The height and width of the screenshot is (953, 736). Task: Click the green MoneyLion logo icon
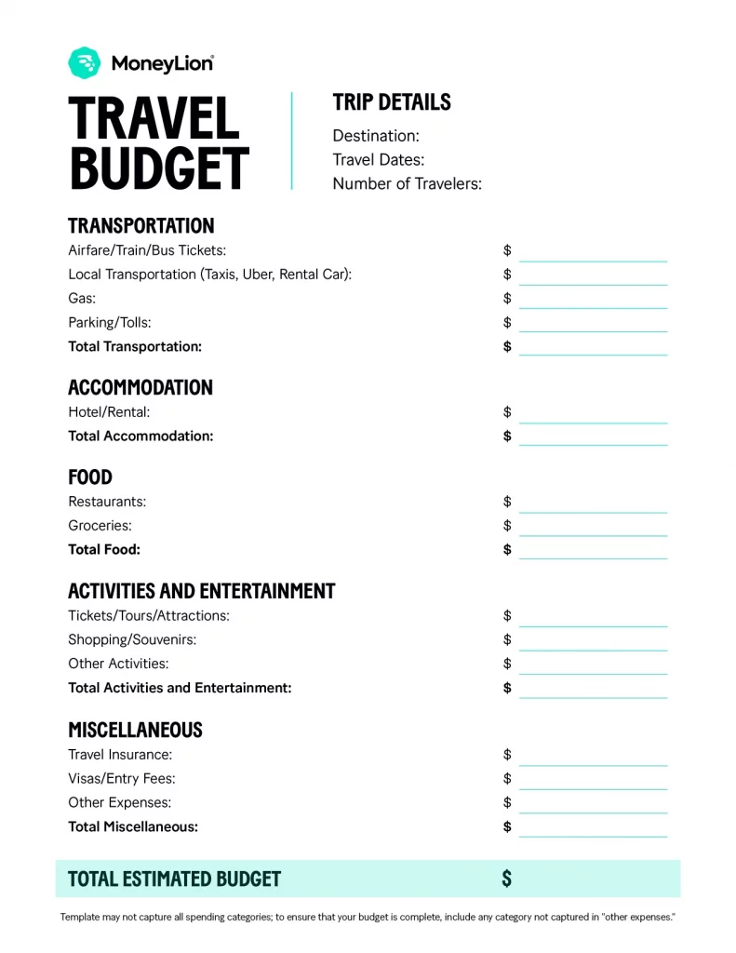pos(84,62)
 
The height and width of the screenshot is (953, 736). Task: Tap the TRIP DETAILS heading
pos(392,102)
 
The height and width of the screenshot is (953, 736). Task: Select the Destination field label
pos(376,136)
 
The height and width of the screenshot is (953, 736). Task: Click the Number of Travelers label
pos(407,183)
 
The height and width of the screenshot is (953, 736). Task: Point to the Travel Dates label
pos(378,160)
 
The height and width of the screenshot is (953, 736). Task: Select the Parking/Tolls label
pos(109,323)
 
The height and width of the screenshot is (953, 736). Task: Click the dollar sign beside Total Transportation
pos(507,346)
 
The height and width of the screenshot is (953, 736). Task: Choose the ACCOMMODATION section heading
pos(141,387)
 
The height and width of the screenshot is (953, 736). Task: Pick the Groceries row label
pos(100,526)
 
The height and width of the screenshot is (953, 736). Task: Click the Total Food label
pos(104,549)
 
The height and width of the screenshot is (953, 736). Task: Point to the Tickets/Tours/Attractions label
pos(149,616)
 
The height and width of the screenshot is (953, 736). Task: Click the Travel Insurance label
pos(120,755)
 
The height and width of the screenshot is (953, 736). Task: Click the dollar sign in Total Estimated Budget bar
pos(507,879)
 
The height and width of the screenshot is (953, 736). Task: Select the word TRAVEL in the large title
pos(154,119)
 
